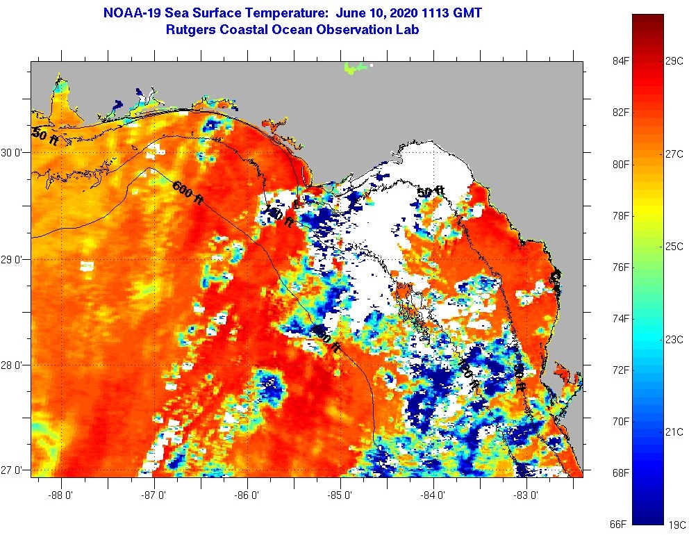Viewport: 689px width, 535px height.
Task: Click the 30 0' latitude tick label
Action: (x=13, y=153)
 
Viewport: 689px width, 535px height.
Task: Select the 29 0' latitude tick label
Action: (x=13, y=260)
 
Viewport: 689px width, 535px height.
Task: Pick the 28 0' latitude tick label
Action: (x=13, y=365)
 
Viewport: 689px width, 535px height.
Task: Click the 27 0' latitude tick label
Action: (x=13, y=470)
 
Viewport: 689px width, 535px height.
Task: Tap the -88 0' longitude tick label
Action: (x=61, y=496)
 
